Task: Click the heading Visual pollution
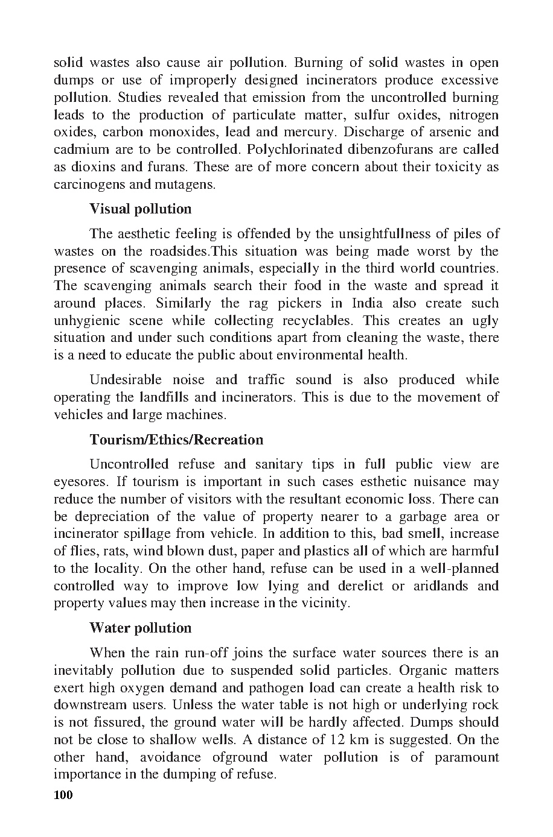(140, 209)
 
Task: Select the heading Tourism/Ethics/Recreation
(176, 440)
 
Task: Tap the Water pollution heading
(140, 628)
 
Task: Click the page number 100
(63, 795)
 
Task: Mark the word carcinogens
(91, 185)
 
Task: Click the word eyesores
(78, 482)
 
